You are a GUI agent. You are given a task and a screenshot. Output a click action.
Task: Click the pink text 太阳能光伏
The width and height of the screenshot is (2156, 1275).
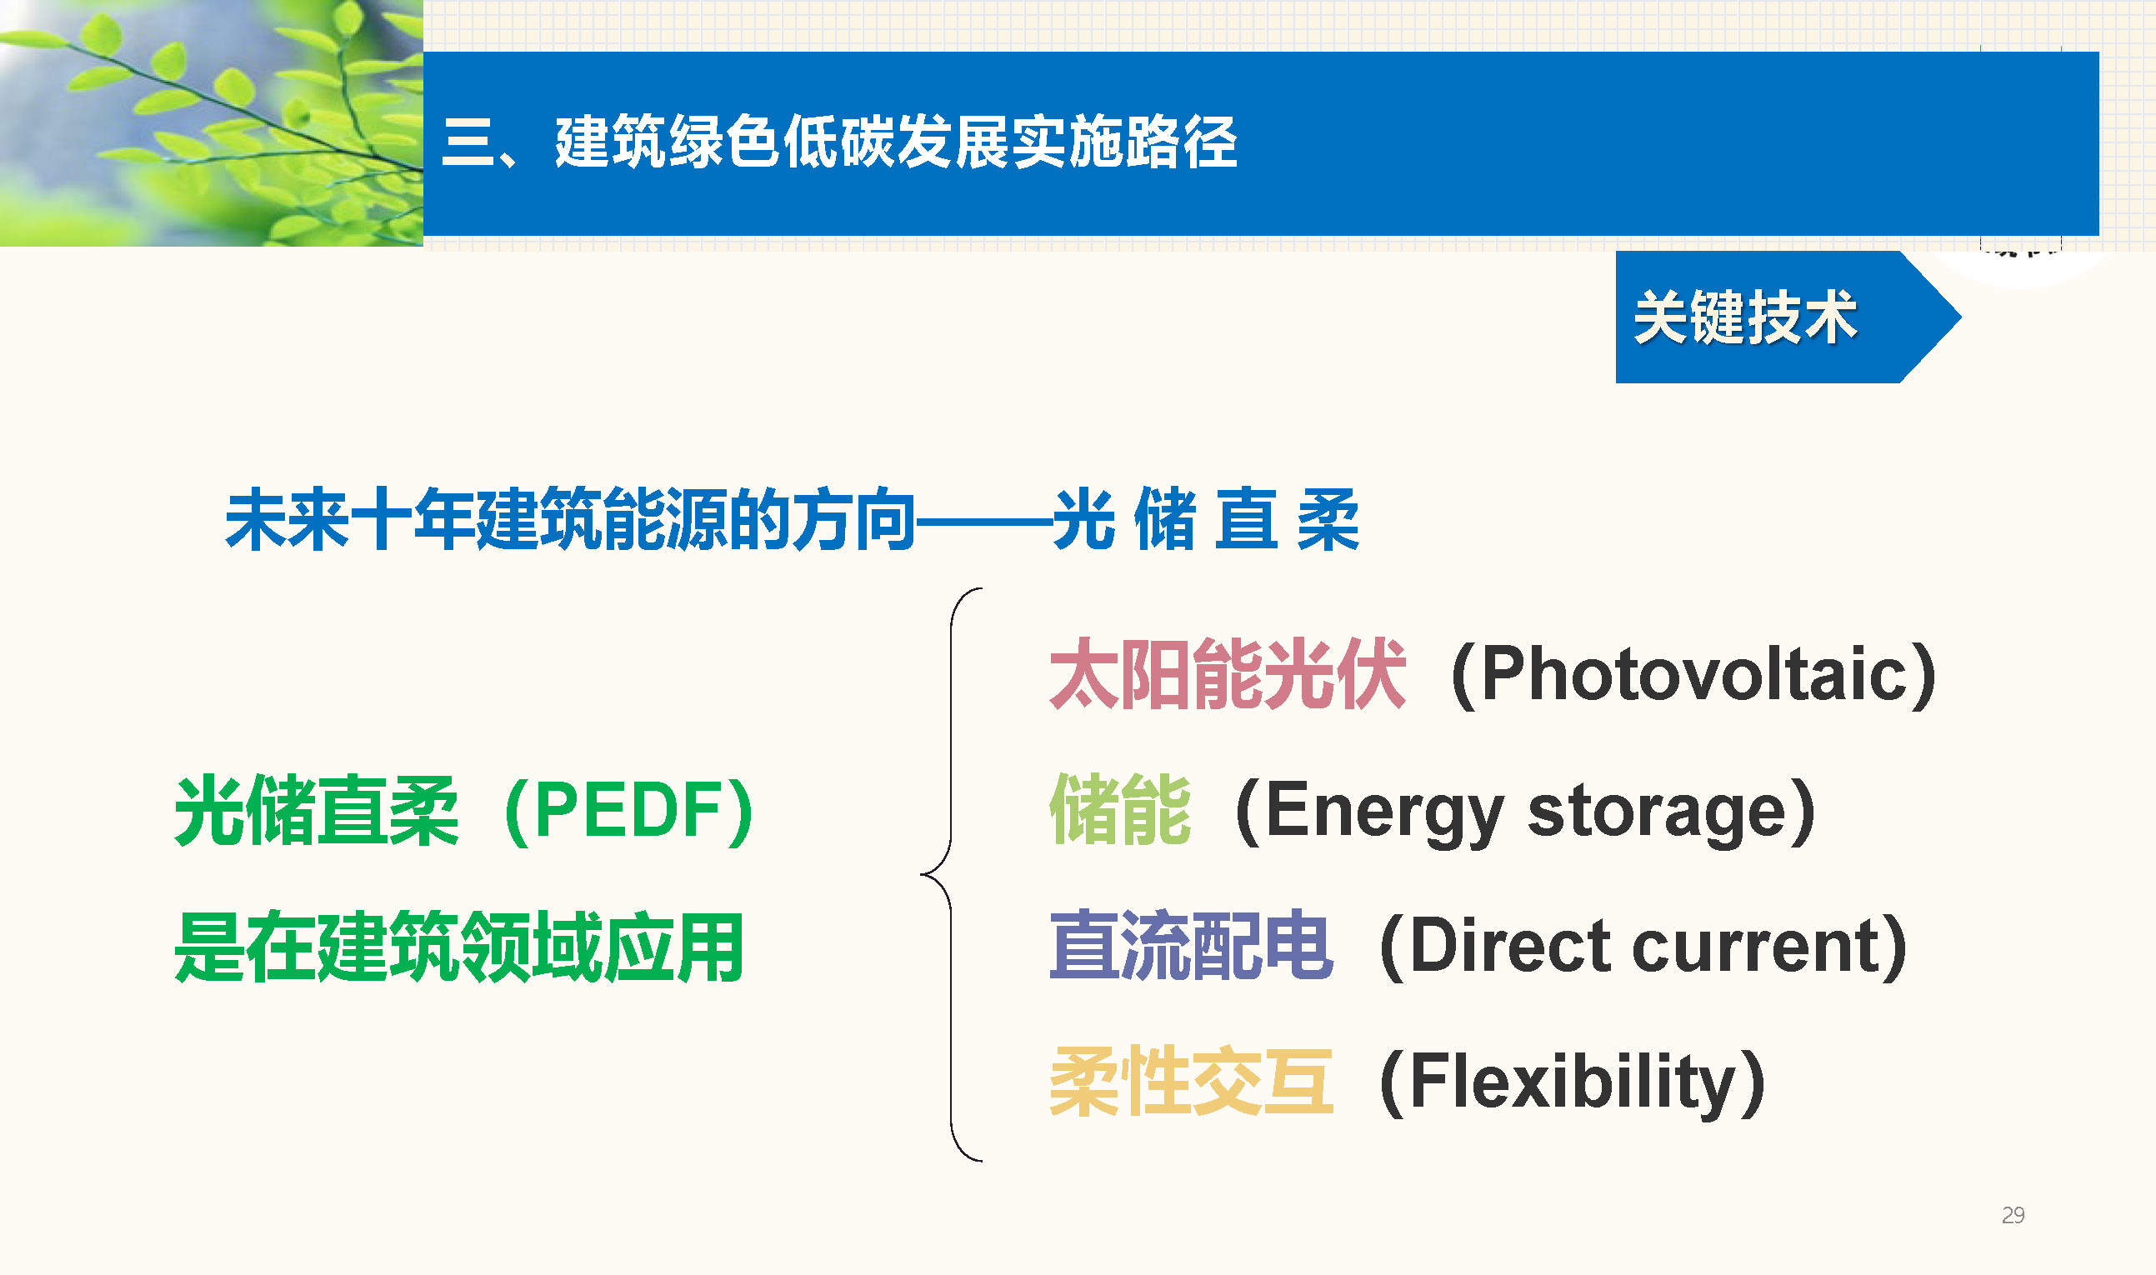(1228, 673)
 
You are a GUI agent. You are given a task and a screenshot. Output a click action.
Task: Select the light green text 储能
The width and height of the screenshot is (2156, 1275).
(1120, 809)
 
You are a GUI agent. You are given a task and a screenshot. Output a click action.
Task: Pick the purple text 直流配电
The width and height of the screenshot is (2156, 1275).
(1192, 945)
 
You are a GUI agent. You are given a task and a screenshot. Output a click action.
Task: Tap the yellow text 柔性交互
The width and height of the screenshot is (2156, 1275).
(1192, 1081)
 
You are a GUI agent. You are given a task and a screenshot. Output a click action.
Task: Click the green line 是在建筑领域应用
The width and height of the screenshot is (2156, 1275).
(459, 947)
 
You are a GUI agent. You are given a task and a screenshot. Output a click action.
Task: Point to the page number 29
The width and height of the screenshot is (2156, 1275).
(2013, 1215)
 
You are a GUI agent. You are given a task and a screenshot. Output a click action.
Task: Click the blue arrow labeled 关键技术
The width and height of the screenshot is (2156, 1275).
(1788, 317)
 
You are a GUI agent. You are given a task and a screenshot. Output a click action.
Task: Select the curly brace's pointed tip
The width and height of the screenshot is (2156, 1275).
(921, 875)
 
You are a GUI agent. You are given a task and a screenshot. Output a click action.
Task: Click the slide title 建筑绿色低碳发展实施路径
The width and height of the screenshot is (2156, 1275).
(896, 142)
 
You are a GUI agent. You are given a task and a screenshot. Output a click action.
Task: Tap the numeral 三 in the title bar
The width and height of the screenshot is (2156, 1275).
(468, 142)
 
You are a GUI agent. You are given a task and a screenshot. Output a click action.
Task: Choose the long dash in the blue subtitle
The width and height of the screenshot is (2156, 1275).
(983, 520)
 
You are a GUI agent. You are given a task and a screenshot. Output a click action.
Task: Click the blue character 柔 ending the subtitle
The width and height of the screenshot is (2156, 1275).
(1328, 519)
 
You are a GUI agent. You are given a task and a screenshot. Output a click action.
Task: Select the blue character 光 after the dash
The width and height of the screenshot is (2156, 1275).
(1084, 519)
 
